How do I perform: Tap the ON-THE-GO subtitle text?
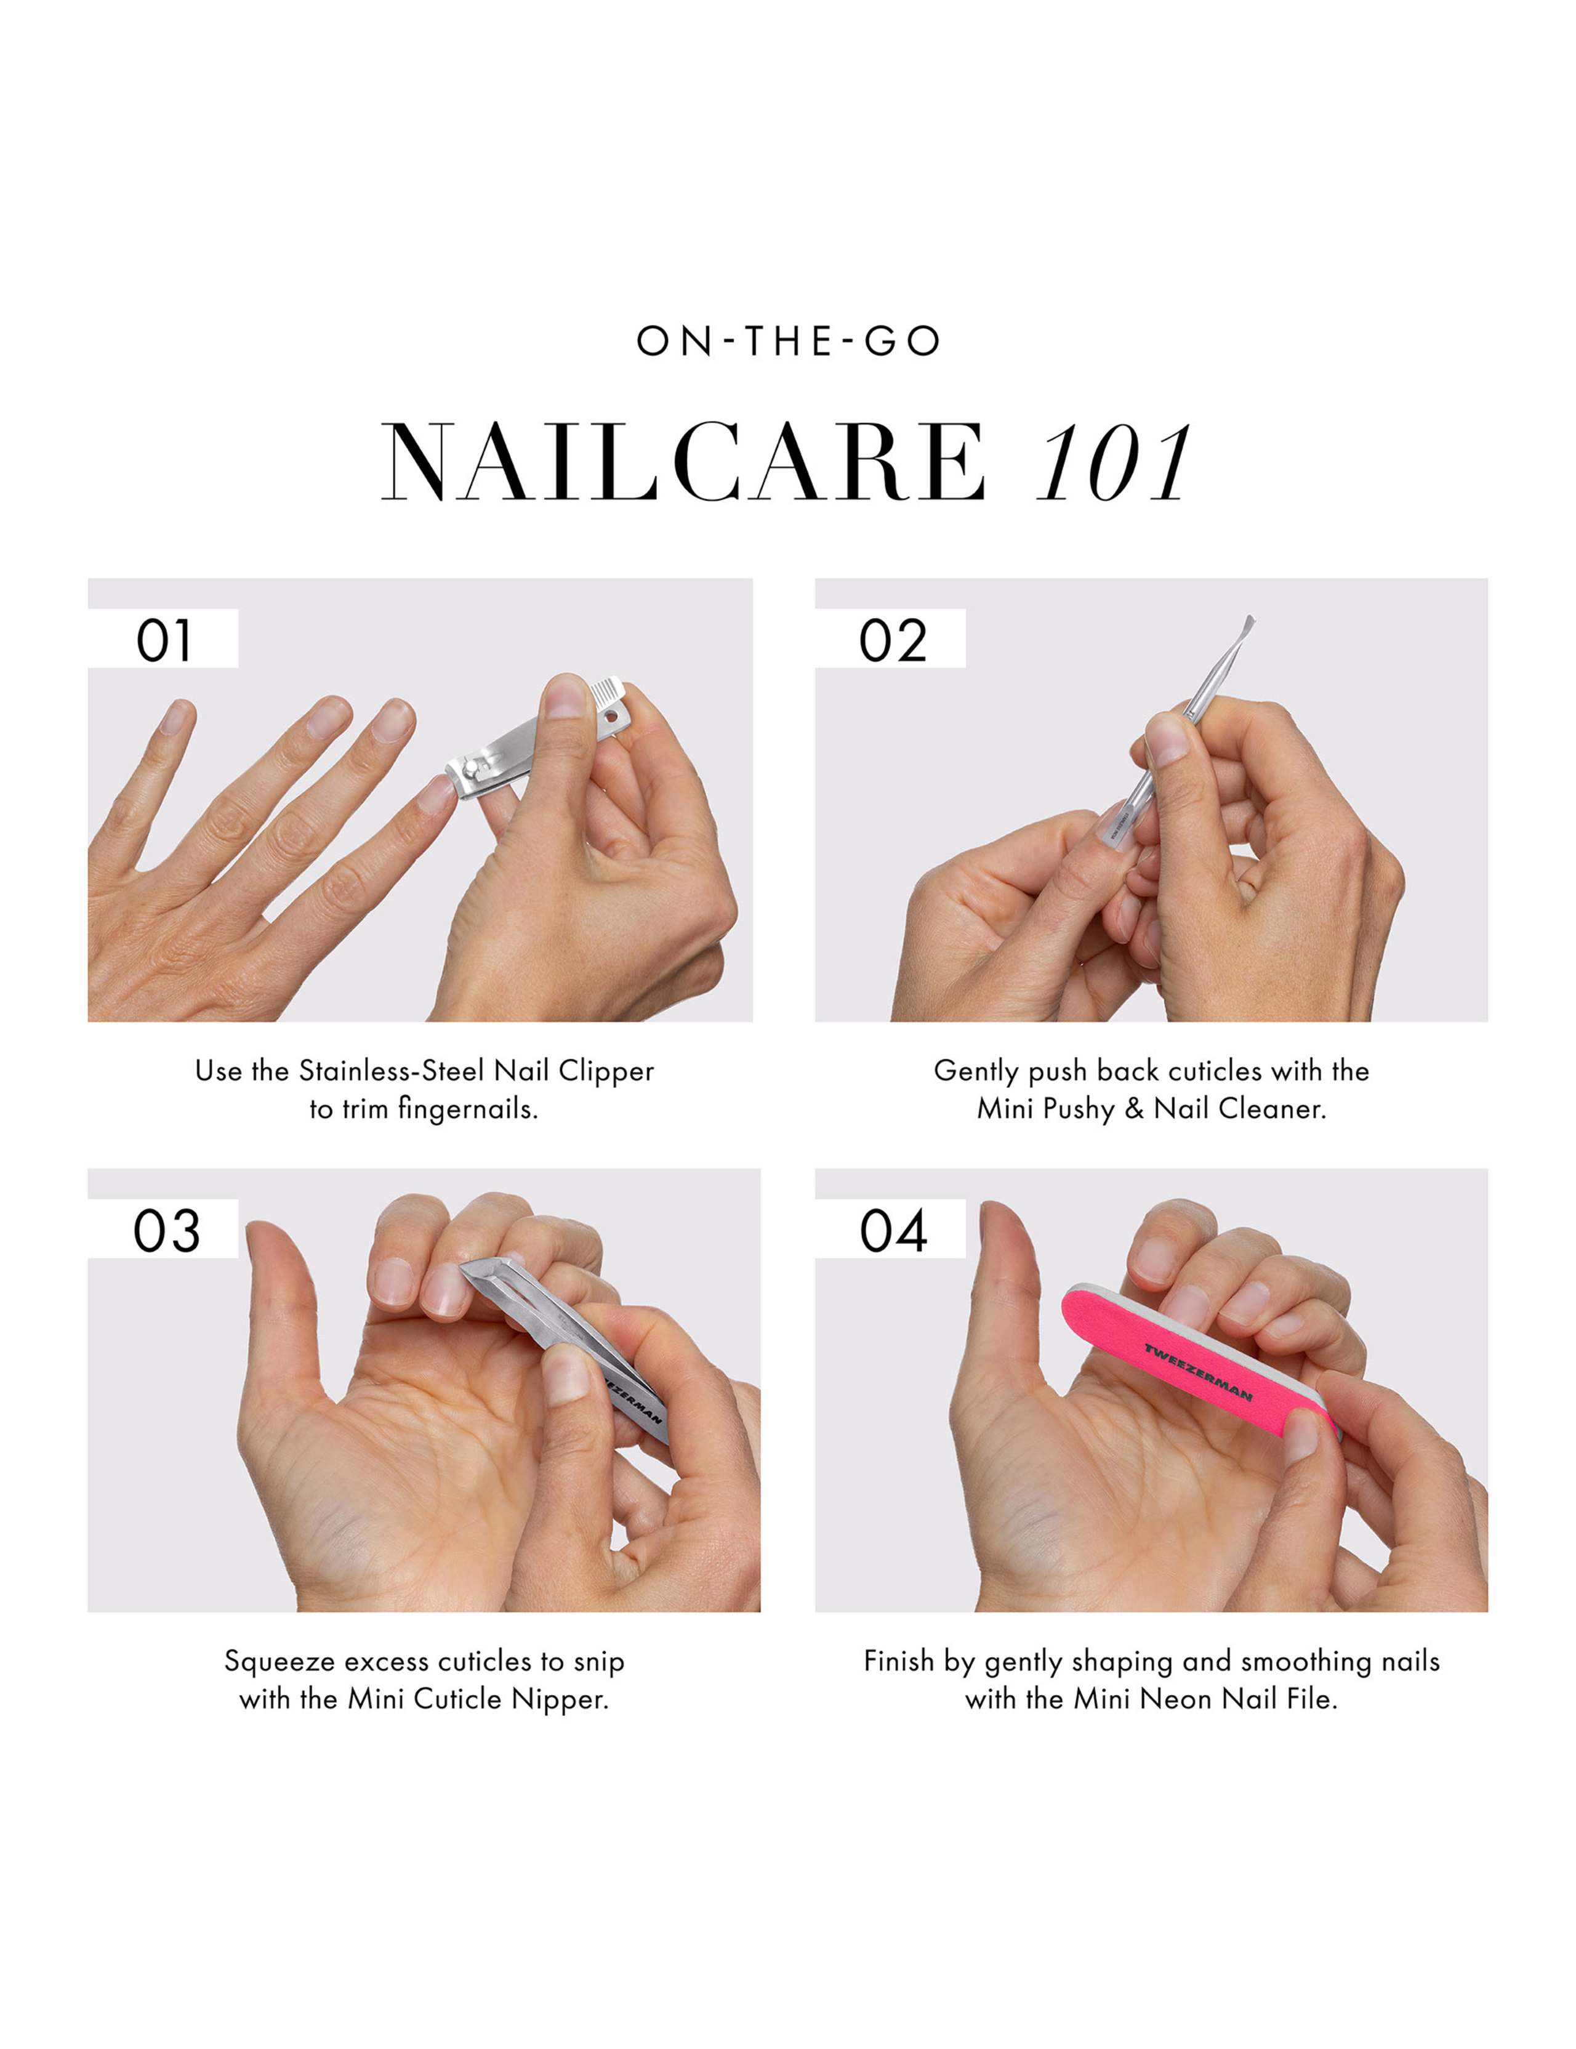coord(788,342)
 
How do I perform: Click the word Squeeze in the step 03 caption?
coord(279,1662)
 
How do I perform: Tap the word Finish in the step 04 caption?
coord(899,1662)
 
